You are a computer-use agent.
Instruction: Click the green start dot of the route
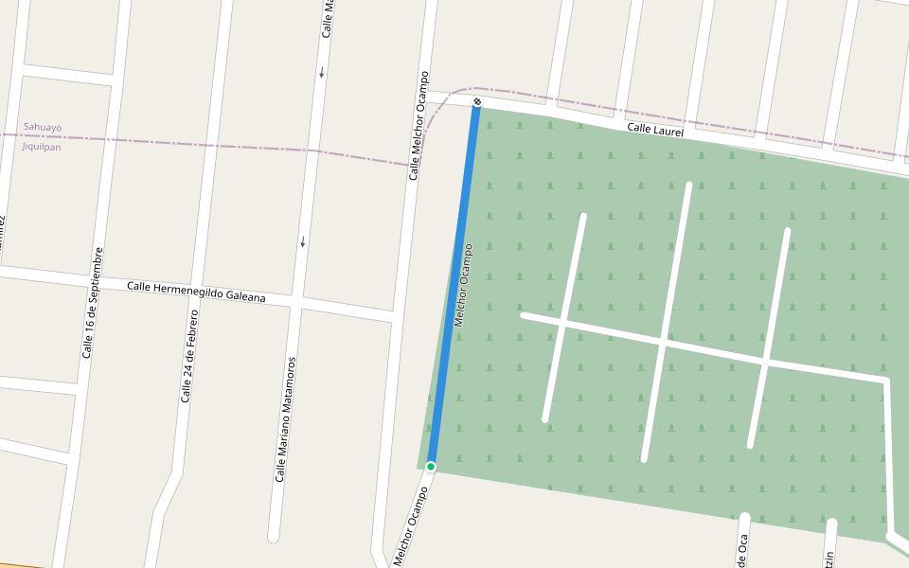(431, 466)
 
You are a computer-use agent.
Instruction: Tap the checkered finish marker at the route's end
(477, 102)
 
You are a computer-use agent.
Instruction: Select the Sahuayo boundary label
(43, 127)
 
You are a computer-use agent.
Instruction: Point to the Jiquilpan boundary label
(43, 147)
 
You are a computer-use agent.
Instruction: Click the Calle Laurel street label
(655, 131)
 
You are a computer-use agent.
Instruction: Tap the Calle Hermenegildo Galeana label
(196, 292)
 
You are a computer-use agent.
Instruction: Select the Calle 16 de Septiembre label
(92, 303)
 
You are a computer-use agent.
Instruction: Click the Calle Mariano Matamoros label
(286, 418)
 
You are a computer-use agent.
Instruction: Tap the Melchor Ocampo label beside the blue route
(463, 285)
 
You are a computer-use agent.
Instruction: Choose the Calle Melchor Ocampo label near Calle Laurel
(419, 125)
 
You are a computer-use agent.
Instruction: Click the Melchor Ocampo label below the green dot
(412, 527)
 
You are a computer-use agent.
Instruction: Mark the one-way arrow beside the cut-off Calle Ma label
(322, 72)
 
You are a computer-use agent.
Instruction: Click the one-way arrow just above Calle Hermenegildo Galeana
(303, 242)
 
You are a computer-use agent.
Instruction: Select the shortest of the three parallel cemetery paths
(564, 317)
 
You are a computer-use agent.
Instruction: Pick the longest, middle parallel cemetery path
(667, 322)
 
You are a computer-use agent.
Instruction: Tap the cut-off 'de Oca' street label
(743, 550)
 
